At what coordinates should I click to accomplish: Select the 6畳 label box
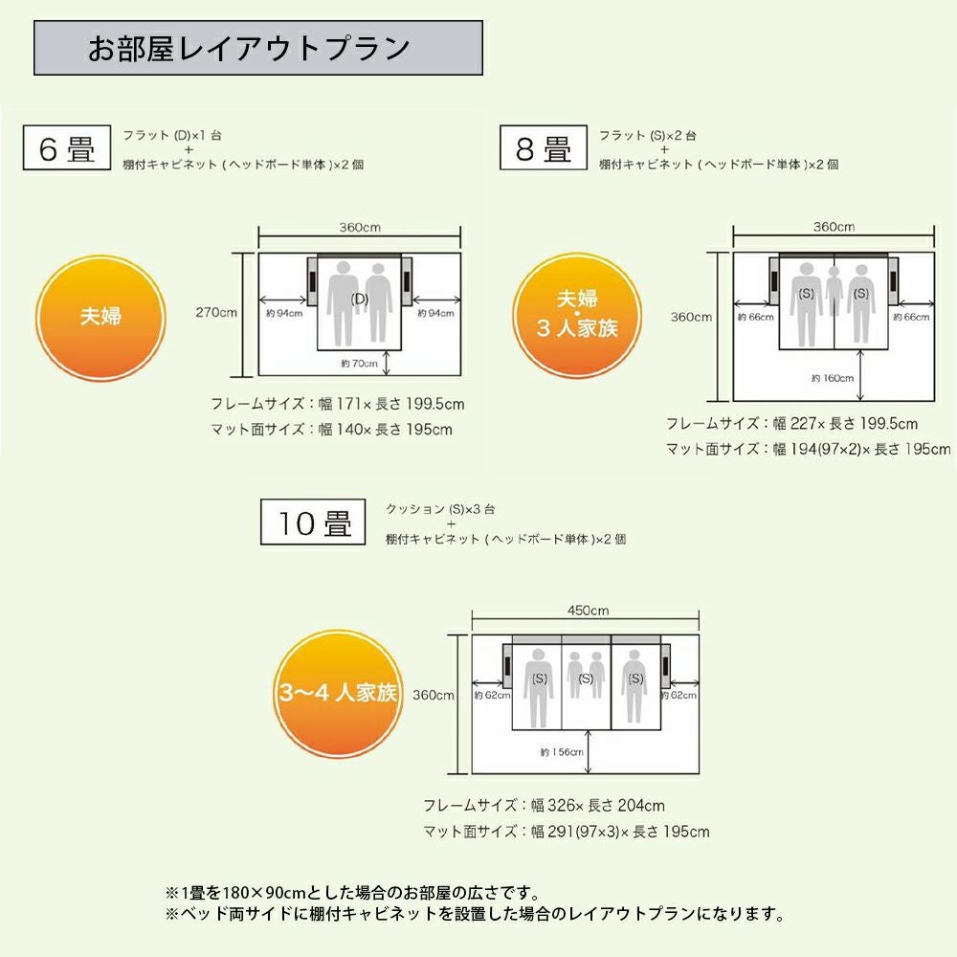pyautogui.click(x=66, y=150)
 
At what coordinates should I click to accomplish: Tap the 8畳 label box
pyautogui.click(x=544, y=150)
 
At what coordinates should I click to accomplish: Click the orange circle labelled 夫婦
pyautogui.click(x=101, y=317)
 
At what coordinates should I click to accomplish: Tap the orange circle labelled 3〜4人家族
pyautogui.click(x=339, y=693)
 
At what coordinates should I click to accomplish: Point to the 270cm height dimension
pyautogui.click(x=215, y=312)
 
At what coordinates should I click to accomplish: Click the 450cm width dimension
pyautogui.click(x=587, y=611)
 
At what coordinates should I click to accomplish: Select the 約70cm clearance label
pyautogui.click(x=359, y=363)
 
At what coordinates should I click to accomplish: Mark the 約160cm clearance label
pyautogui.click(x=832, y=378)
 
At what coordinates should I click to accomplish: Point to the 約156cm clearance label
pyautogui.click(x=561, y=752)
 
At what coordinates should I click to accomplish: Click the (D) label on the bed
pyautogui.click(x=359, y=299)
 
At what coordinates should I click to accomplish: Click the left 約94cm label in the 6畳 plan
pyautogui.click(x=283, y=313)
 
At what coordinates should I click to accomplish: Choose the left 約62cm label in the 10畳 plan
pyautogui.click(x=492, y=695)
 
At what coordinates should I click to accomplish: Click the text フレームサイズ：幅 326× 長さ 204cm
pyautogui.click(x=544, y=806)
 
